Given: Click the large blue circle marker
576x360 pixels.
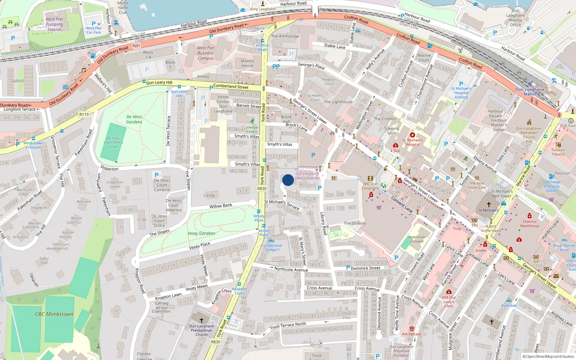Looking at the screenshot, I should tap(288, 180).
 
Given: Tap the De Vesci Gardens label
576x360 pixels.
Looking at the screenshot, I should tap(134, 120).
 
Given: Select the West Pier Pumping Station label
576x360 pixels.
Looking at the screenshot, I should tap(54, 24).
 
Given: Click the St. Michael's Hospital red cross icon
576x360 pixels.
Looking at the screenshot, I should tap(413, 135).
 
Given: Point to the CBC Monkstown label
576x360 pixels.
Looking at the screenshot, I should tap(54, 314).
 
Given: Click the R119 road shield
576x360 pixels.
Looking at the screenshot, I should tap(84, 114).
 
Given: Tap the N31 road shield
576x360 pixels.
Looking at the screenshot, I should tap(136, 46).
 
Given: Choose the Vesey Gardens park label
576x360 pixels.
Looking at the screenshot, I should tap(201, 233).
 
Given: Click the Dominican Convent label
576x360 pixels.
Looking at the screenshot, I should tap(417, 239).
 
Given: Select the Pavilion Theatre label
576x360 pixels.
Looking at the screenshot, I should tap(558, 152).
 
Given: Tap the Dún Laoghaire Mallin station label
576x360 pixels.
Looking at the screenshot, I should tap(530, 92).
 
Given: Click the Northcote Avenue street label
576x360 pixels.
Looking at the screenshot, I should tap(291, 269).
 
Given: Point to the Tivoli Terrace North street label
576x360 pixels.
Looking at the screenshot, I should tap(288, 325).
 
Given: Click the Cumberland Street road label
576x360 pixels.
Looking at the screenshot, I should tap(231, 86).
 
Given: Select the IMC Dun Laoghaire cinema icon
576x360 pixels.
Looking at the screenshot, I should tap(370, 178).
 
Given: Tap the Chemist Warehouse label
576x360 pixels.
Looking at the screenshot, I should tap(530, 224).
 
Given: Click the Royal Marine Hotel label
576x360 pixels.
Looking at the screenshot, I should tap(564, 248).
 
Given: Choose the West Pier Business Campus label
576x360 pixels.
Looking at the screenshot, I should tap(206, 53).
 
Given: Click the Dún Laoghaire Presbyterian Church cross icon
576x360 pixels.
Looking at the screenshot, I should tap(202, 320).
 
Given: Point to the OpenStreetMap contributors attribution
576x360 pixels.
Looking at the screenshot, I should tap(549, 356).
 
